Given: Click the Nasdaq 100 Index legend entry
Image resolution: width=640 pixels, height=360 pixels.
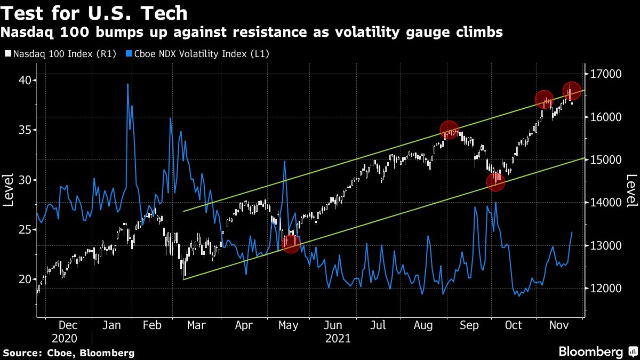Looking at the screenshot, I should [x=60, y=53].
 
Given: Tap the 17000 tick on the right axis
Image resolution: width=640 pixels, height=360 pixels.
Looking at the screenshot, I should [x=604, y=74].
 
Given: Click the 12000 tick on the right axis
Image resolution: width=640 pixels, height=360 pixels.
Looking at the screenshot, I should [x=604, y=289].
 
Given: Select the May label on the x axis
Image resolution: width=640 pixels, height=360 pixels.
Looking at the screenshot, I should [x=289, y=325].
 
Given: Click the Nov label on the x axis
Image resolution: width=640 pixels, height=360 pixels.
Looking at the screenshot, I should [x=558, y=325].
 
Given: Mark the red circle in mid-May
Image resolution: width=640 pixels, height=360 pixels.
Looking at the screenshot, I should [x=291, y=244].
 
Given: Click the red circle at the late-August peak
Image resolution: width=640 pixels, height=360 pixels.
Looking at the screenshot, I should [x=450, y=129].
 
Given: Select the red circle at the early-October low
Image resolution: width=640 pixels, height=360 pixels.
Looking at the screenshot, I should [x=497, y=182].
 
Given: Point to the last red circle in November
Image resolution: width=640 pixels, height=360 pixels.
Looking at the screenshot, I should [x=571, y=92].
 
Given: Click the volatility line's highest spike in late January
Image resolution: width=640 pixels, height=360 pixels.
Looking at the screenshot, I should [x=128, y=84].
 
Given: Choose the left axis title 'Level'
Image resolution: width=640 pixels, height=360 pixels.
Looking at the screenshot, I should [x=9, y=190].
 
